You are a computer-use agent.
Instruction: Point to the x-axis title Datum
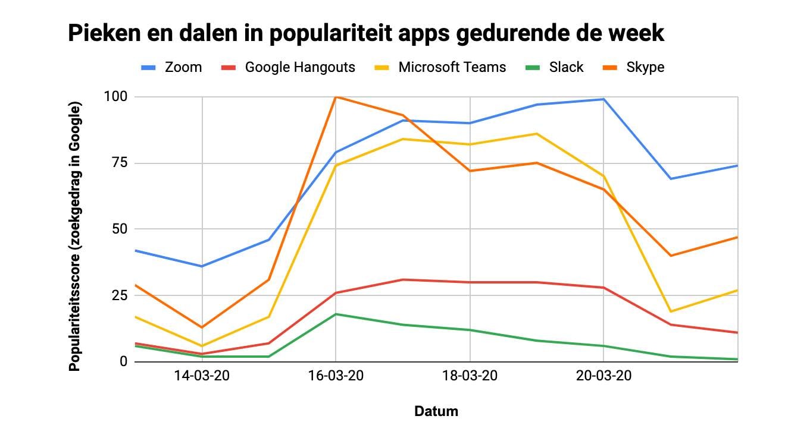point(436,411)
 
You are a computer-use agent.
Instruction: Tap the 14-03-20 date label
point(202,376)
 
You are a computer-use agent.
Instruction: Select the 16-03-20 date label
point(336,376)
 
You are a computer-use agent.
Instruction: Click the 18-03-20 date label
point(470,376)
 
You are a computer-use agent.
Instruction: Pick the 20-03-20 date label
point(604,376)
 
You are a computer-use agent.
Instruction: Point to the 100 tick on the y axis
point(117,96)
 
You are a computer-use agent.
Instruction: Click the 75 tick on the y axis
point(120,163)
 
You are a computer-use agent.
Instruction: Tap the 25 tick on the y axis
point(120,295)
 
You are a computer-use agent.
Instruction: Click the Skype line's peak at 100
point(336,96)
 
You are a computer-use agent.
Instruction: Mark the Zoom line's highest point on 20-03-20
point(604,99)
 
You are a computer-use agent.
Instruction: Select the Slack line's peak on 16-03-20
point(336,314)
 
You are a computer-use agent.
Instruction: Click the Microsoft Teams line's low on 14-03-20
point(202,346)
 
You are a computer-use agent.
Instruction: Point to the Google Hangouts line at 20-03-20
point(604,288)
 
